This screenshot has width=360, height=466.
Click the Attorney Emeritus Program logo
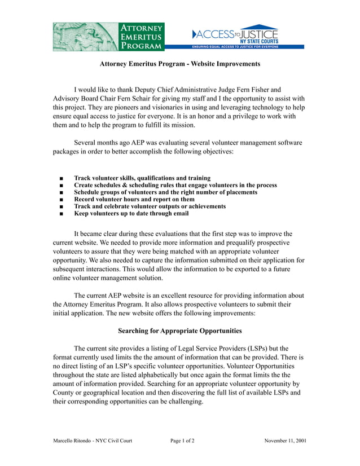point(109,37)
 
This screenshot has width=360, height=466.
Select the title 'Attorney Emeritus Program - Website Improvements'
point(180,64)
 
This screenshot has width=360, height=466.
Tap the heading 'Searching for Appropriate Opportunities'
point(180,331)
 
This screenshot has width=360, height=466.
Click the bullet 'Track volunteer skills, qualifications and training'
point(142,178)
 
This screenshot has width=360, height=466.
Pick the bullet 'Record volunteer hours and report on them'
point(134,199)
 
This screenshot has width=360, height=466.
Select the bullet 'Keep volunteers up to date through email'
point(131,213)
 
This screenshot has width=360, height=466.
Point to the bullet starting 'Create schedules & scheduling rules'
point(175,185)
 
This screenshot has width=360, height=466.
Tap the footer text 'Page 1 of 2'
point(182,441)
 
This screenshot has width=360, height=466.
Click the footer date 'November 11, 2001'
point(286,441)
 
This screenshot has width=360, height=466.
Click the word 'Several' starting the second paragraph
point(87,142)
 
